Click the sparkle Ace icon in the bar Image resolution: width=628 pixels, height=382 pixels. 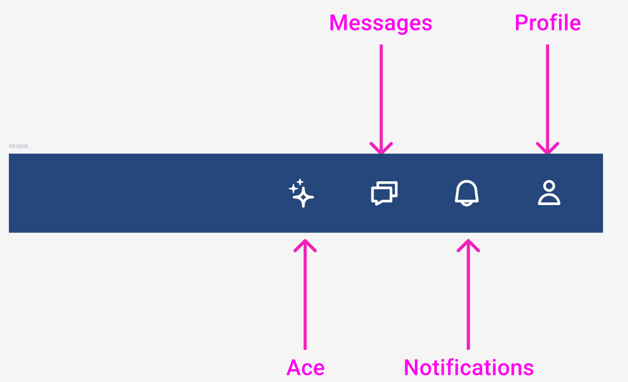(x=302, y=193)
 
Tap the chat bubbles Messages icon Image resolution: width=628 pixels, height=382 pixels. (x=384, y=193)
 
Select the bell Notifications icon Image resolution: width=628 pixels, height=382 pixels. (x=467, y=193)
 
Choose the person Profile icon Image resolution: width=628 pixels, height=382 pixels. (x=549, y=193)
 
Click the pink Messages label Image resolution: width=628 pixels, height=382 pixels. (x=380, y=23)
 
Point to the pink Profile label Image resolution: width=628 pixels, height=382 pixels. (x=547, y=23)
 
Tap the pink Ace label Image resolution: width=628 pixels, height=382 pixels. (x=305, y=368)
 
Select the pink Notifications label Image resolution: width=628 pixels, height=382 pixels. (x=469, y=368)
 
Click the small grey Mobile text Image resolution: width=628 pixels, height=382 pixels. (x=18, y=146)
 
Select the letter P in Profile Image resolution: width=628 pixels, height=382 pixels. (x=520, y=23)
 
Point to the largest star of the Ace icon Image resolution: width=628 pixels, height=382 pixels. (x=303, y=196)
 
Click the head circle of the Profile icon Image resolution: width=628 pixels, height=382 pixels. (x=549, y=186)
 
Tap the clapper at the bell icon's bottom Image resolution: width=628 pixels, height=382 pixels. (x=467, y=203)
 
